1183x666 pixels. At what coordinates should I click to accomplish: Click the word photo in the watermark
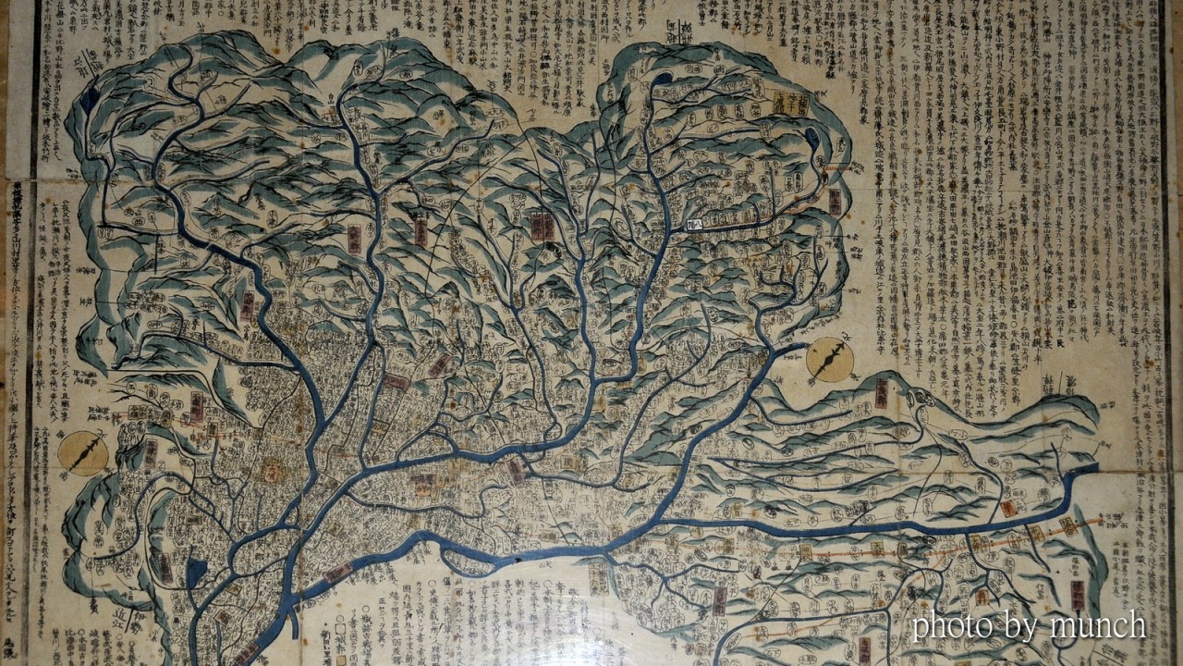(x=951, y=626)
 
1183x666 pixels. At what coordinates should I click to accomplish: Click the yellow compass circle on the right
(x=829, y=360)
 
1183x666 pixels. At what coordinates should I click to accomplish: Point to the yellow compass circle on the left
(x=83, y=454)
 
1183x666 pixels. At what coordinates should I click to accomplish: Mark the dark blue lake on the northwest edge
(x=90, y=100)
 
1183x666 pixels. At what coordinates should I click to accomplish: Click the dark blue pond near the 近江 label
(x=196, y=573)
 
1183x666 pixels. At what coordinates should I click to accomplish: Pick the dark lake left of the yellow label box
(x=662, y=80)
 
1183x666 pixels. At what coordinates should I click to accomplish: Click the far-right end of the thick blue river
(x=1091, y=472)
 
